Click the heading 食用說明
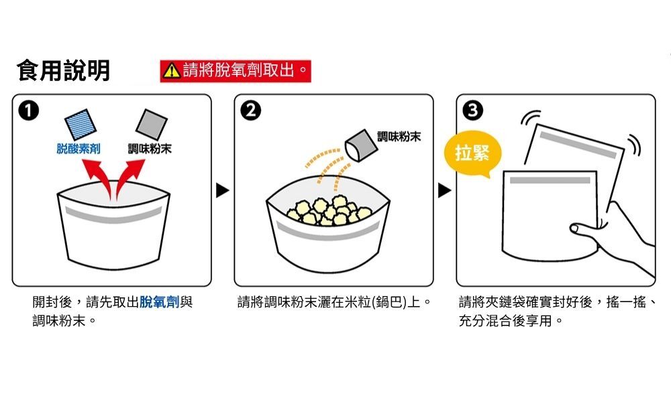pyautogui.click(x=63, y=70)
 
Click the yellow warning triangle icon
pyautogui.click(x=172, y=70)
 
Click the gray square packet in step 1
pyautogui.click(x=151, y=124)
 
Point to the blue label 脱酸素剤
pyautogui.click(x=79, y=149)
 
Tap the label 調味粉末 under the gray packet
pyautogui.click(x=150, y=149)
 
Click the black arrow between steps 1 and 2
pyautogui.click(x=223, y=192)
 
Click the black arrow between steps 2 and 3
pyautogui.click(x=444, y=192)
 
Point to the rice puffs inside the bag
pyautogui.click(x=328, y=209)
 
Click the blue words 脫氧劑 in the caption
pyautogui.click(x=159, y=302)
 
